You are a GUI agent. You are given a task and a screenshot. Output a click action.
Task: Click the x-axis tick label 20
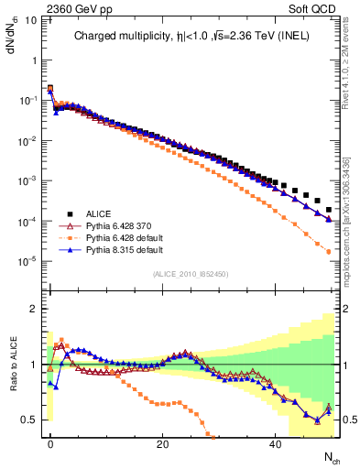(162, 443)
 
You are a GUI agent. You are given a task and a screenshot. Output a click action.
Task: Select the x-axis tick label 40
(275, 443)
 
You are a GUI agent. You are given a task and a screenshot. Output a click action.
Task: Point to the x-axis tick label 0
(50, 443)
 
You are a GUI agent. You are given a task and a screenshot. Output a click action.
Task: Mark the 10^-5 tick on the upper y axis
(32, 262)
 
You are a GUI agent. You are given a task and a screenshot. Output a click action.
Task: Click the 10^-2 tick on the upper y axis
(32, 140)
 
